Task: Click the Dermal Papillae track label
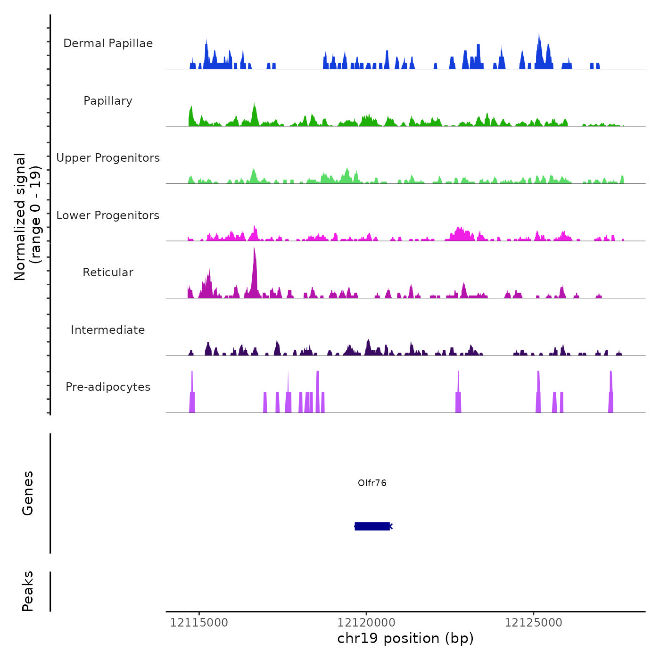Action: click(108, 43)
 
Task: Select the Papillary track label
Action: click(108, 101)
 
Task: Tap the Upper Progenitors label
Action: click(108, 158)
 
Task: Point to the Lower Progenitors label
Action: click(108, 215)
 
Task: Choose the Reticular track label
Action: click(108, 272)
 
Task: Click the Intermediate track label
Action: click(108, 330)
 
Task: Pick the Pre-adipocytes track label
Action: click(108, 387)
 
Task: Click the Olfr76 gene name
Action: click(372, 483)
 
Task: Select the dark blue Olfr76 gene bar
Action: click(372, 526)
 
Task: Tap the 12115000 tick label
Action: click(199, 623)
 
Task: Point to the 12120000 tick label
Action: click(366, 623)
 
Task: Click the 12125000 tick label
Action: click(534, 623)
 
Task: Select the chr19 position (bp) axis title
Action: click(405, 638)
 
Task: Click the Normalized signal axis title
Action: click(27, 217)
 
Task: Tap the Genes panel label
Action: click(28, 493)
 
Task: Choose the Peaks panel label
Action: click(28, 591)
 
